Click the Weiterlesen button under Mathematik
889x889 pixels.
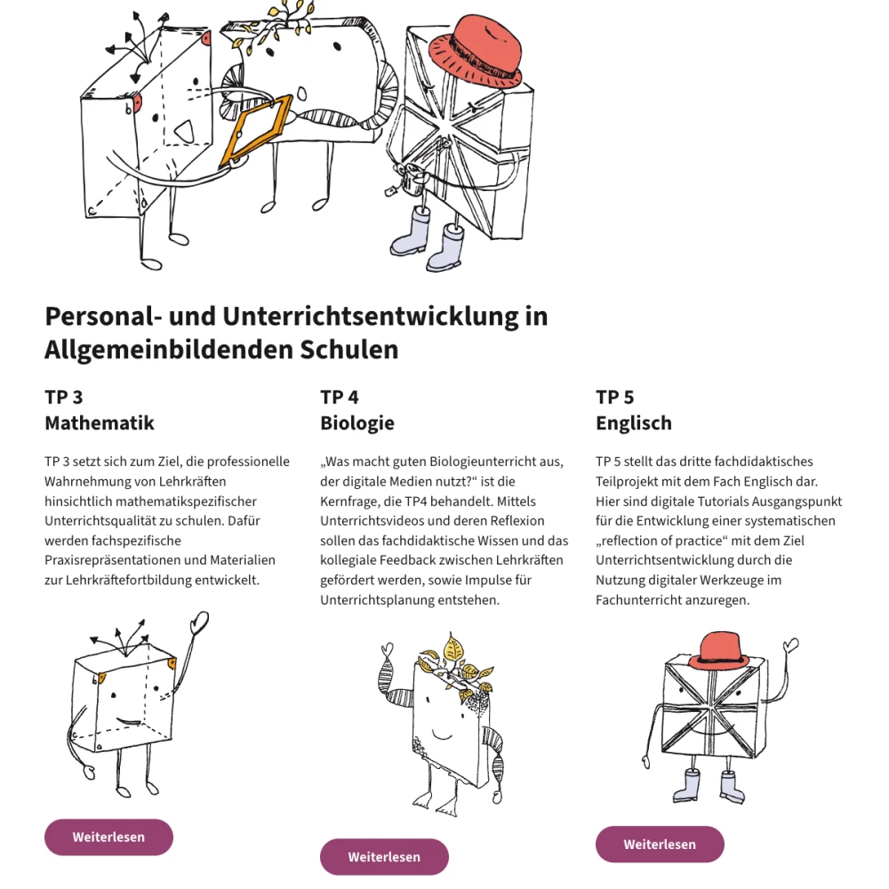[108, 837]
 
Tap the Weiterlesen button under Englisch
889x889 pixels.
[660, 845]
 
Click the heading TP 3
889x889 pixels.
[64, 396]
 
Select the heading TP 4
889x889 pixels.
[340, 396]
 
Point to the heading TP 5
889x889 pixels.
[615, 396]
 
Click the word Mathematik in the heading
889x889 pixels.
[100, 423]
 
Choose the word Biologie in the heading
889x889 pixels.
[357, 423]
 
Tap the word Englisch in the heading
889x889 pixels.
[634, 423]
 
